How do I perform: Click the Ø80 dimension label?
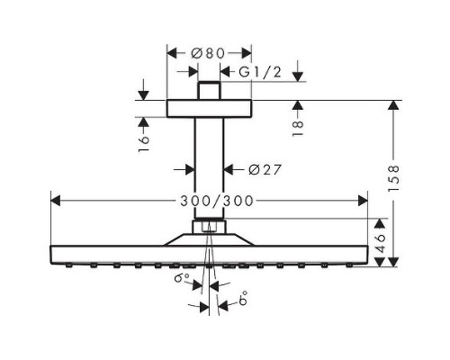coord(210,52)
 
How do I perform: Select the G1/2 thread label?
coord(261,71)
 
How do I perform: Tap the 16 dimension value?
coord(144,144)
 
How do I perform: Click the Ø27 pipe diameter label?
coord(261,168)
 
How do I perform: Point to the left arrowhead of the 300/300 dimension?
coord(53,200)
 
